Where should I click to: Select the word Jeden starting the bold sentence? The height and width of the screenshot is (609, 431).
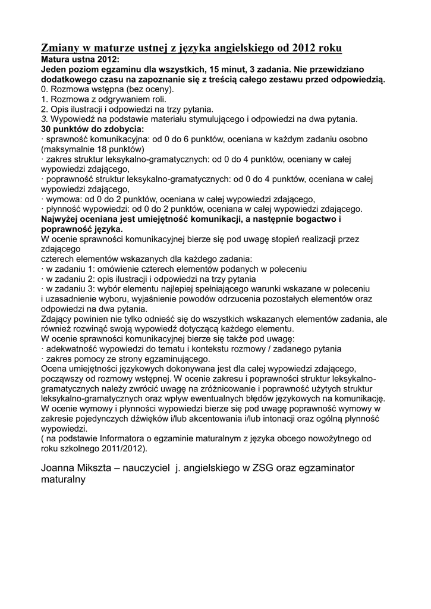(55, 69)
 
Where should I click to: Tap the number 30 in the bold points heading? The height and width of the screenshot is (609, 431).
(47, 128)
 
